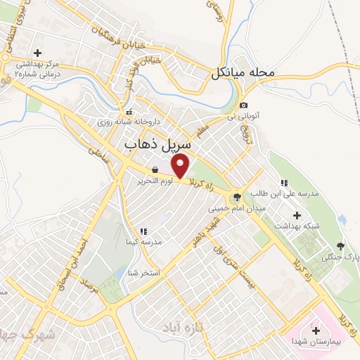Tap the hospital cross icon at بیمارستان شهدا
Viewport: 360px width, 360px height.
click(x=314, y=330)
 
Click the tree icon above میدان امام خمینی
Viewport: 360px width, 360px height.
click(x=236, y=198)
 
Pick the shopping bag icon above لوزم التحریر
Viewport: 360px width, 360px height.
click(x=155, y=169)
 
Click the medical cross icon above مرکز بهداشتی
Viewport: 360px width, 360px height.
click(x=37, y=53)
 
